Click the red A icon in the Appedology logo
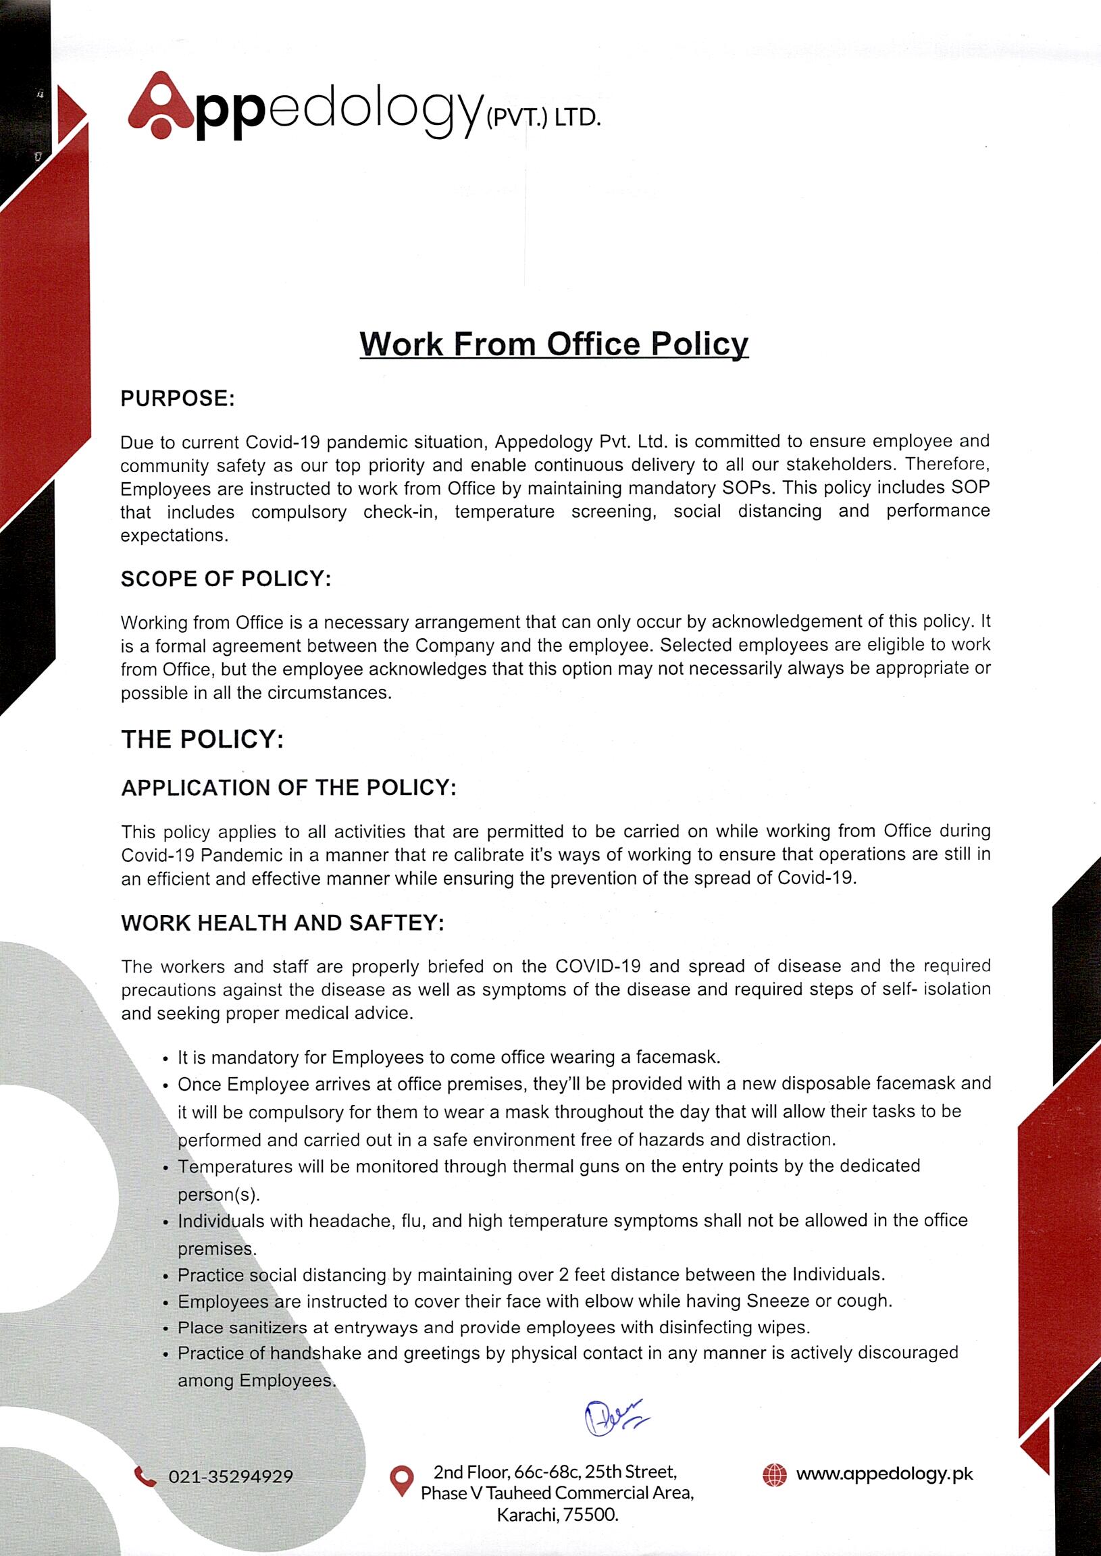click(161, 106)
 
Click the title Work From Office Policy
click(553, 344)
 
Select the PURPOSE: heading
click(178, 398)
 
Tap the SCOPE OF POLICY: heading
click(226, 579)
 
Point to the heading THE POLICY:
click(202, 739)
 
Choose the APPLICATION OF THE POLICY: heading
click(289, 787)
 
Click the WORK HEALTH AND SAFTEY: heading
click(283, 923)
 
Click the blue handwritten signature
click(613, 1418)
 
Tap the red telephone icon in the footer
click(145, 1476)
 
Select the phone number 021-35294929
click(230, 1477)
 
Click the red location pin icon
click(402, 1481)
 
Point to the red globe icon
click(774, 1475)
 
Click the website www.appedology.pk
click(884, 1474)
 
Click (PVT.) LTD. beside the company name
click(543, 119)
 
